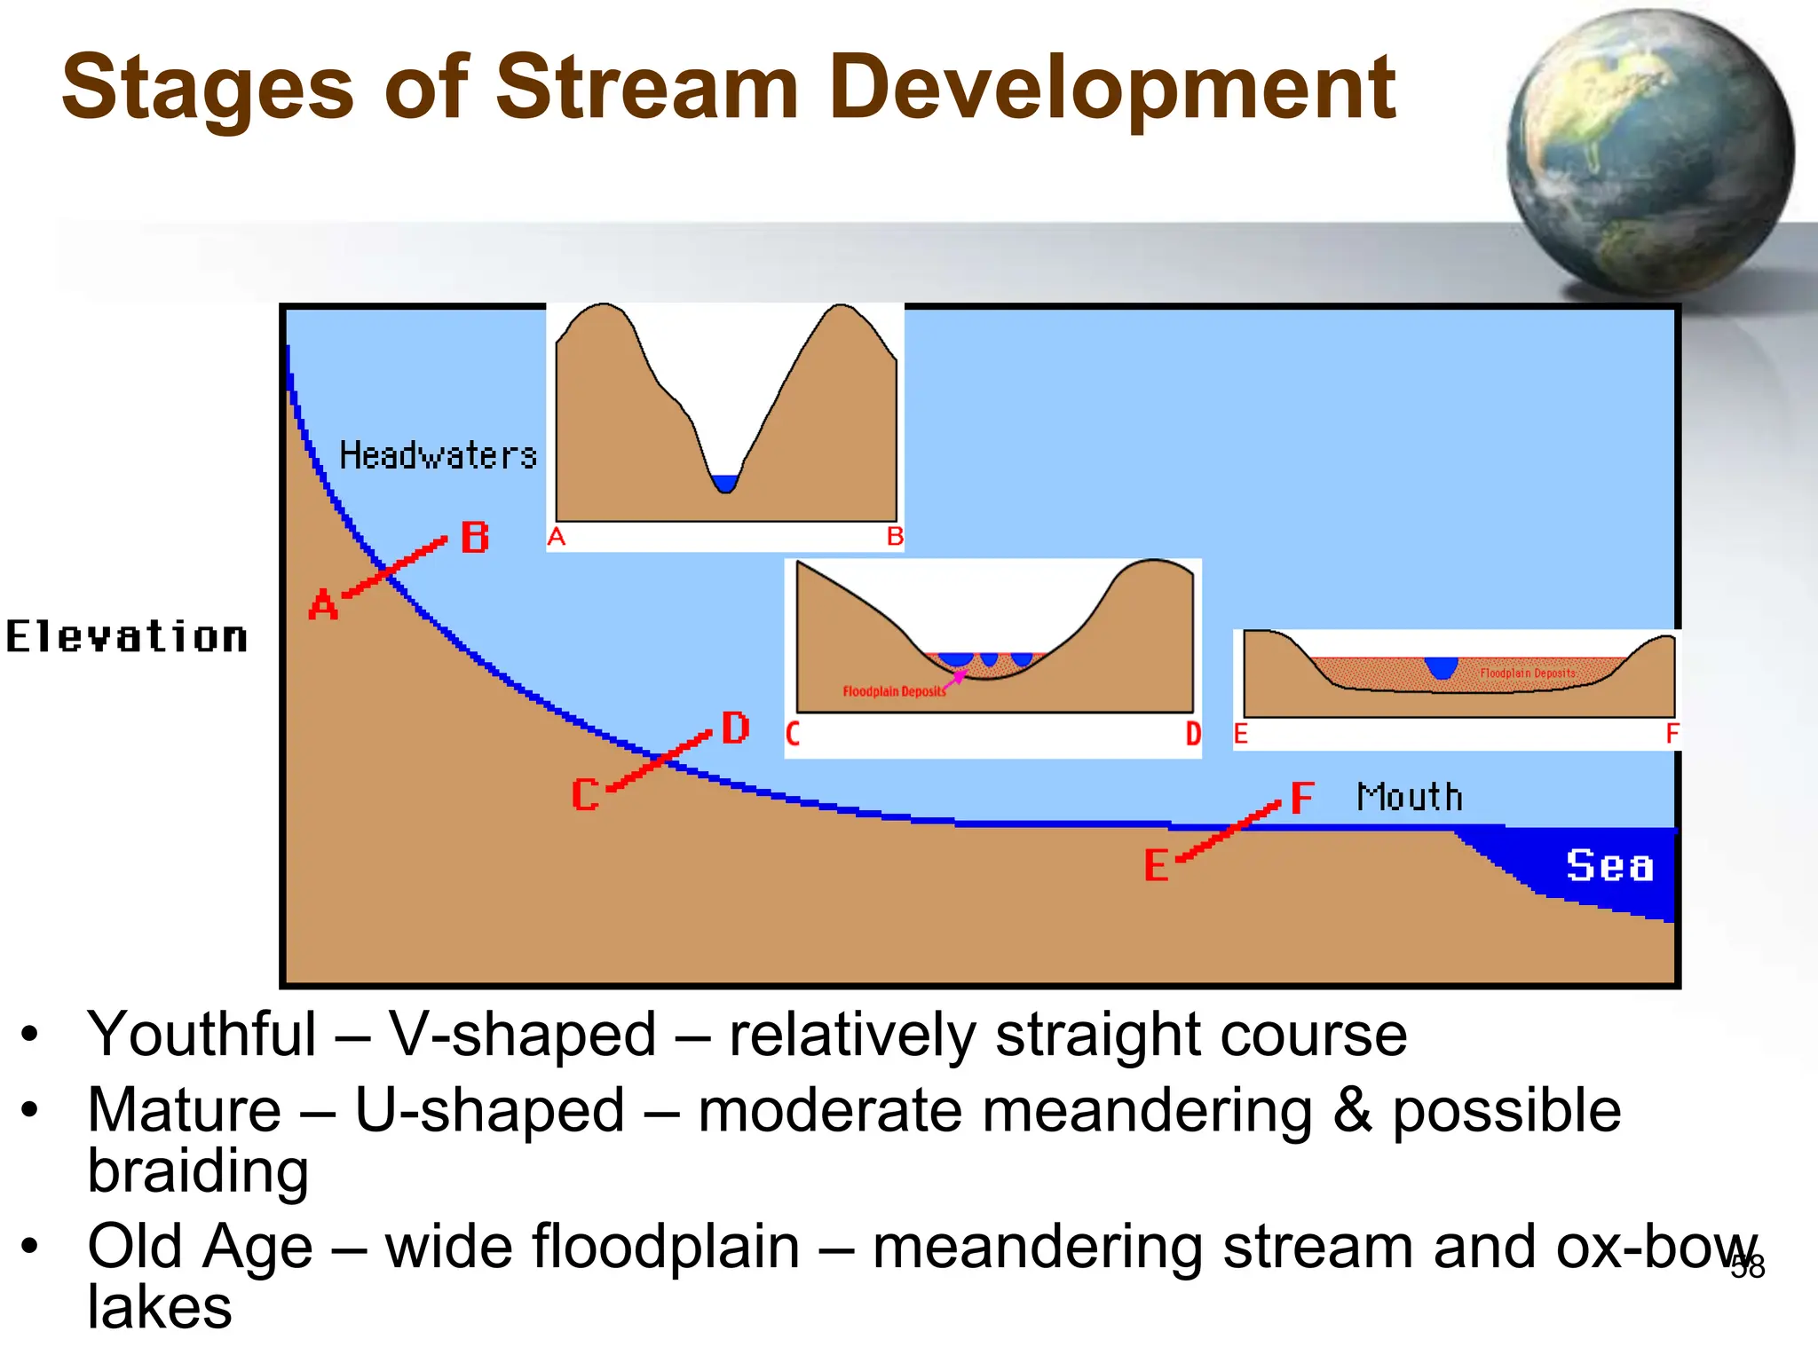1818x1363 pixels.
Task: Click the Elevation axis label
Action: click(x=127, y=637)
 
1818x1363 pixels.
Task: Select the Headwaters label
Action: click(x=439, y=456)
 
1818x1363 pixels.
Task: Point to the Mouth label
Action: click(x=1410, y=797)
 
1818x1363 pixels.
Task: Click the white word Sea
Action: click(x=1609, y=865)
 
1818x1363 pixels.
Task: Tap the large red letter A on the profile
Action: click(x=323, y=605)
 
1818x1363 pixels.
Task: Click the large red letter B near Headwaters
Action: click(x=475, y=538)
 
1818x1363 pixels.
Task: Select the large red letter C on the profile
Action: click(x=585, y=794)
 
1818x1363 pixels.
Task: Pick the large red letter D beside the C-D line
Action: click(x=735, y=729)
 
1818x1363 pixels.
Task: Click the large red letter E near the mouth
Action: click(x=1156, y=865)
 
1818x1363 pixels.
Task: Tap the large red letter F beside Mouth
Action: click(x=1301, y=798)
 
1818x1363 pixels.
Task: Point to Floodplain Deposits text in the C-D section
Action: click(x=893, y=691)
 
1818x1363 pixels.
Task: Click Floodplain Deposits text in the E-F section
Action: click(x=1528, y=674)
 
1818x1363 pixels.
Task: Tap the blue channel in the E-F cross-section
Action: click(x=1442, y=666)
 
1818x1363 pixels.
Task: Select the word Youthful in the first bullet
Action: click(x=202, y=1035)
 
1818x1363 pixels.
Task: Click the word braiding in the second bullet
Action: click(x=198, y=1170)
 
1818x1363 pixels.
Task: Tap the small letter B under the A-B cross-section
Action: click(x=895, y=537)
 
